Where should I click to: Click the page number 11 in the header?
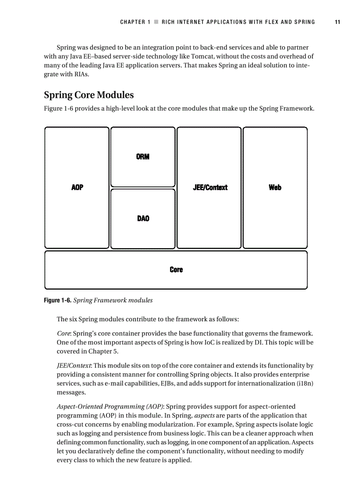337,22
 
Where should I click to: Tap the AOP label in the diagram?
77,187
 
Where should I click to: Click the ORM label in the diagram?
143,157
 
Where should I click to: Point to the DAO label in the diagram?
143,218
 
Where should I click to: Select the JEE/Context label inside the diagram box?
210,187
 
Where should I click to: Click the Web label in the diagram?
275,187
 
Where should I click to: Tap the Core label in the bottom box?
176,269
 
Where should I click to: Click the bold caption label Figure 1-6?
57,301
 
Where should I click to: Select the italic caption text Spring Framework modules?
113,301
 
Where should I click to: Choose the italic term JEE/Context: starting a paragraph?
74,366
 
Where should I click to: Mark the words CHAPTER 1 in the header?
135,22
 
